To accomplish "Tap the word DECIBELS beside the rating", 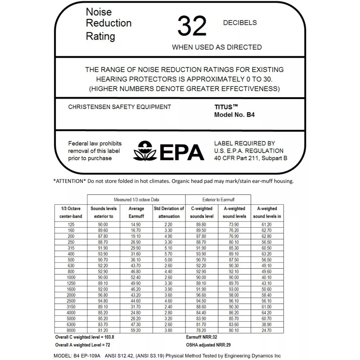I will tap(240, 22).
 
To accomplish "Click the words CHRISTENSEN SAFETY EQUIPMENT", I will tap(119, 107).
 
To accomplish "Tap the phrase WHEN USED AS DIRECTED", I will tap(217, 47).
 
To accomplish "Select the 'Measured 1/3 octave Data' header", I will tap(136, 199).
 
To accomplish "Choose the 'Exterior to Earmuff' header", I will tap(218, 199).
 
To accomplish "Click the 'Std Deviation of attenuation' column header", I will tap(169, 212).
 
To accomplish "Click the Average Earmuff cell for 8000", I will tap(137, 329).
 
